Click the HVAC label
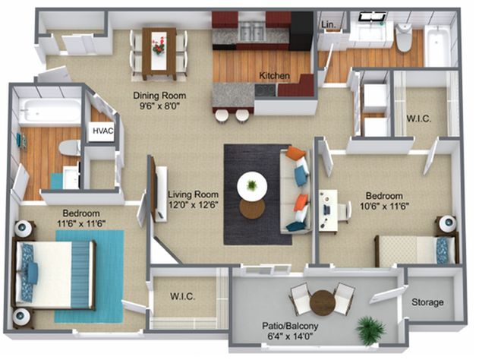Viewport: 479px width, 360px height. coord(103,131)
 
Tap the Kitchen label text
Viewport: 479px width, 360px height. coord(274,75)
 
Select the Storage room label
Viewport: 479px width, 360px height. coord(427,302)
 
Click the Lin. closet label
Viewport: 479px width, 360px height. coord(329,25)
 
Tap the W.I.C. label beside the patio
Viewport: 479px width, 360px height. coord(182,296)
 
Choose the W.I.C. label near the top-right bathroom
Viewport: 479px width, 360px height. coord(418,118)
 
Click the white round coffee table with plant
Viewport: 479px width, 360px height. coord(252,186)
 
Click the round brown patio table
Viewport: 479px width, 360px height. coord(323,302)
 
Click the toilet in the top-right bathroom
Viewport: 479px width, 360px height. coord(404,38)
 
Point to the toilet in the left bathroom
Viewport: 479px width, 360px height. coord(70,147)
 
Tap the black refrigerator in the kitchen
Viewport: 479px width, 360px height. coord(301,30)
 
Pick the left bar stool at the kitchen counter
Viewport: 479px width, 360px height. coord(221,116)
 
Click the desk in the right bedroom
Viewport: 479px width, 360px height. coord(328,210)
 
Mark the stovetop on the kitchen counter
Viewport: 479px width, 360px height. coord(265,90)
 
